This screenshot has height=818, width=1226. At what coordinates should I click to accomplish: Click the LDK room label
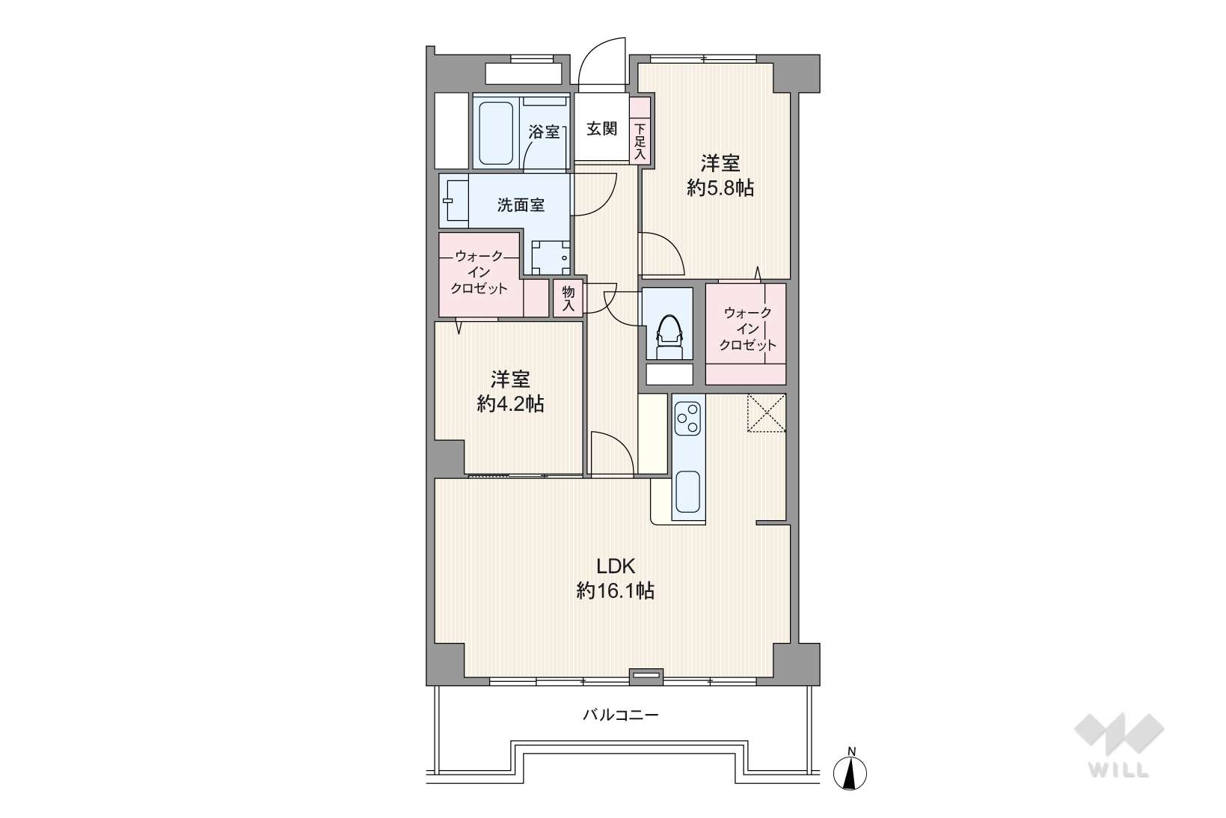tap(615, 565)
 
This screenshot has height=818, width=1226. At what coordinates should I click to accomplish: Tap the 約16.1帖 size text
tap(615, 590)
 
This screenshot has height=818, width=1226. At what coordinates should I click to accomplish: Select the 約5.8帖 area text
tap(720, 189)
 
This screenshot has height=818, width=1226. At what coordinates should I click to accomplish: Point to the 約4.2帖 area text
tap(510, 404)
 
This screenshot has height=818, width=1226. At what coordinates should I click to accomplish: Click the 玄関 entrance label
tap(602, 129)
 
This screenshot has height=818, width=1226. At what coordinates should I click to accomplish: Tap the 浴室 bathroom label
tap(544, 132)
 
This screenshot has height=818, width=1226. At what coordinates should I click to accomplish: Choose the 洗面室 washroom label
tap(521, 205)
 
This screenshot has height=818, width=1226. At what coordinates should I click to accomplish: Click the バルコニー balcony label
tap(620, 715)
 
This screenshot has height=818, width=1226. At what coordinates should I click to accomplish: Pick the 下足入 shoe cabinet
tap(640, 129)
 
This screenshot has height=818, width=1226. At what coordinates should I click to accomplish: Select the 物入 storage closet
tap(568, 299)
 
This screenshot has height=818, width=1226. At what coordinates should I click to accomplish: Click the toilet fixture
tap(669, 335)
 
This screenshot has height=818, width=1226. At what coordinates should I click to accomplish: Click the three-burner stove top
tap(688, 418)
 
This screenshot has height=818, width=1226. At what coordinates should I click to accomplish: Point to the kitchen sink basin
tap(687, 491)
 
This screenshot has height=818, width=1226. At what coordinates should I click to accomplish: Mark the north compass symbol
tap(850, 770)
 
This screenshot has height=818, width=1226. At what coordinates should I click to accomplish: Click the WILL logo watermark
tap(1119, 745)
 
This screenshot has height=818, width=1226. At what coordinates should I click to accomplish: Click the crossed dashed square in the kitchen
tap(767, 413)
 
